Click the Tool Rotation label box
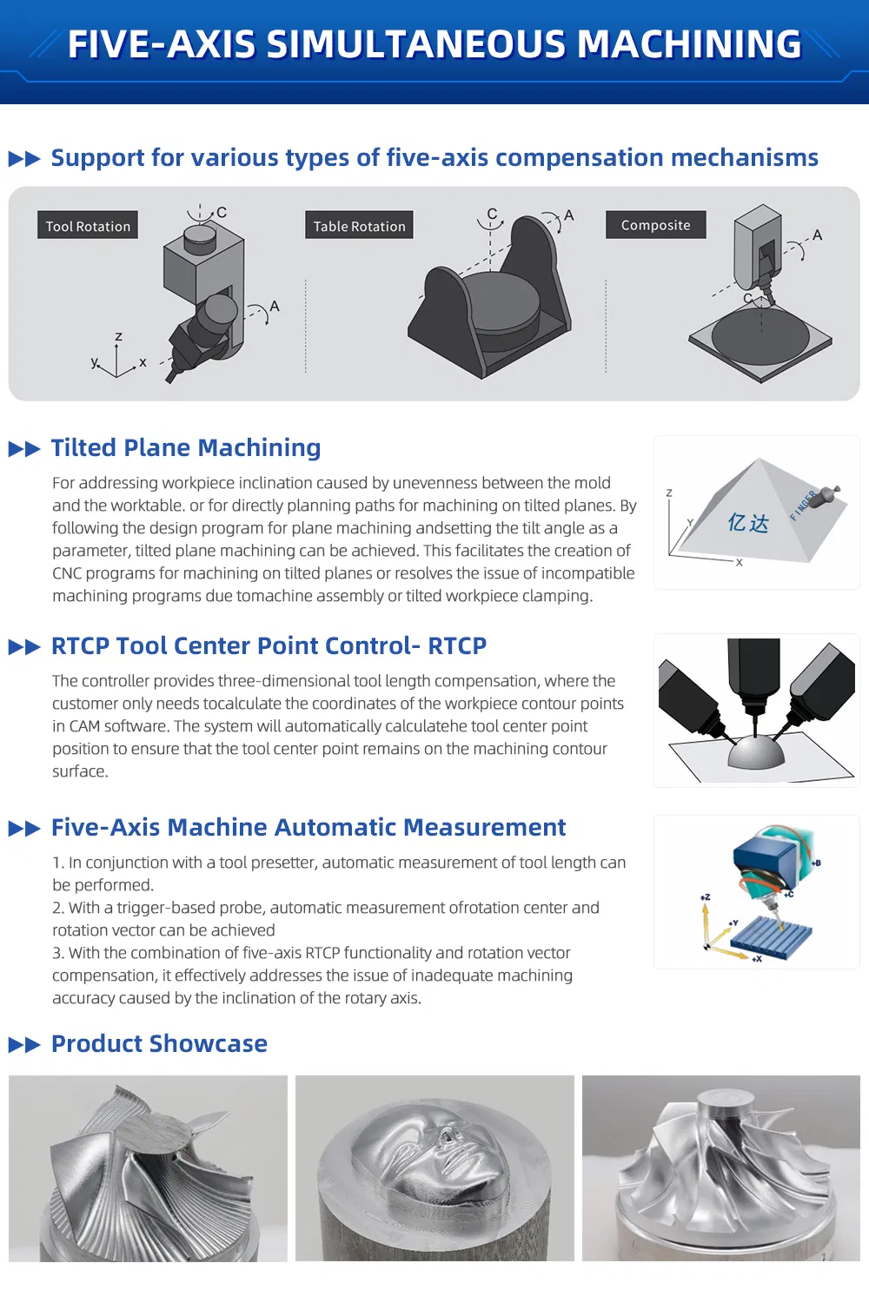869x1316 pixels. [88, 225]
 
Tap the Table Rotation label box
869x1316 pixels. [359, 225]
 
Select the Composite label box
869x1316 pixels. [656, 224]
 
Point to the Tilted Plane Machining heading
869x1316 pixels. [186, 447]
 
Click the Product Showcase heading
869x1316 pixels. [159, 1043]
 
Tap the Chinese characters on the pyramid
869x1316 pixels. [748, 522]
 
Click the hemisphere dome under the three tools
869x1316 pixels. [756, 752]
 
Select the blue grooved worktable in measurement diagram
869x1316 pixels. [772, 934]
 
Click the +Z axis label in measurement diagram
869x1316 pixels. [705, 897]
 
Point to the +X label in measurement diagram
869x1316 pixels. [757, 959]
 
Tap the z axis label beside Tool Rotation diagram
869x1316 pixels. [119, 336]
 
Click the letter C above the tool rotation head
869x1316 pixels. [222, 212]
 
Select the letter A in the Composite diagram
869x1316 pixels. [818, 235]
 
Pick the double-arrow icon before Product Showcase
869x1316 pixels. [24, 1045]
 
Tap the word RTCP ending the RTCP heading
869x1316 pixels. [457, 645]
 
